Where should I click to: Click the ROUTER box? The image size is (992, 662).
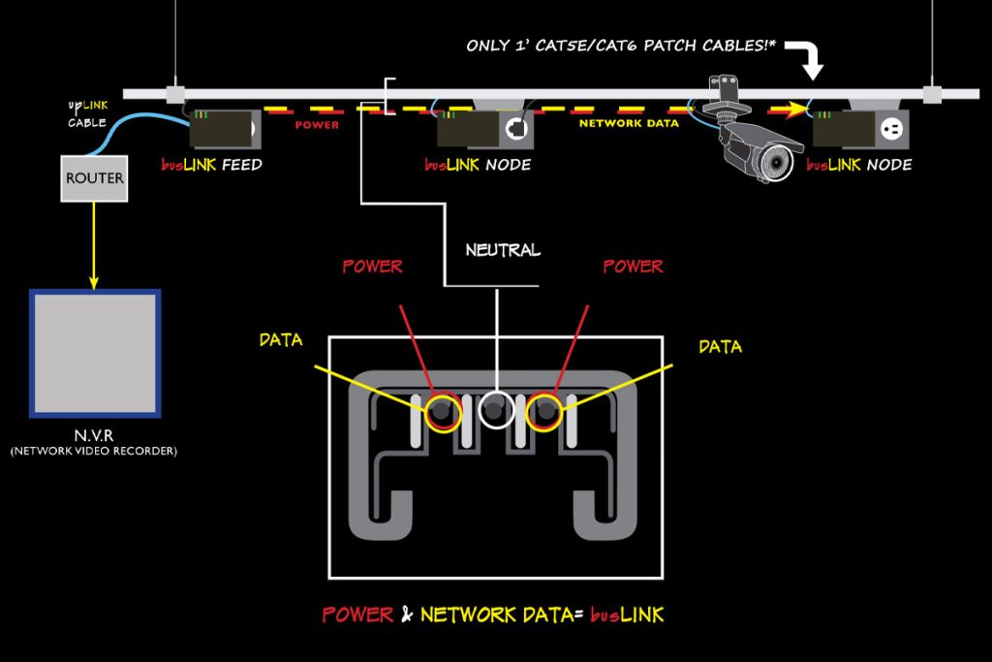(94, 178)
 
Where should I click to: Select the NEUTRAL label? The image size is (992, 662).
(502, 250)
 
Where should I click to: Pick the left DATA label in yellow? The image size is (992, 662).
(281, 340)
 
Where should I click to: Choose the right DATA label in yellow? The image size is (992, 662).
(720, 346)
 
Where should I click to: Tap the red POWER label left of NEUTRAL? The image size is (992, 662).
(372, 266)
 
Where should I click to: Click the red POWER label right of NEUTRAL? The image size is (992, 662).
(633, 266)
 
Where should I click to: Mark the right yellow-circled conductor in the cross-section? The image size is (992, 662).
(544, 413)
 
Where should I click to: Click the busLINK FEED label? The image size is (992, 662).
(211, 165)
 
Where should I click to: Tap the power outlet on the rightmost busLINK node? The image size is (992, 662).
(889, 127)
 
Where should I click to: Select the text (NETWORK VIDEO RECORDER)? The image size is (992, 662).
(94, 451)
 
